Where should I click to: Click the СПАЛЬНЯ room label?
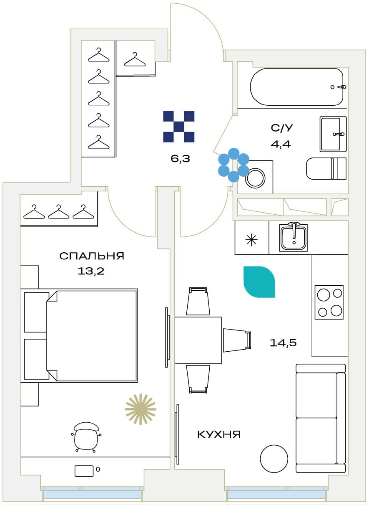[92, 256]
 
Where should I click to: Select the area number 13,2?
[91, 271]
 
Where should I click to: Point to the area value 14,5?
[283, 343]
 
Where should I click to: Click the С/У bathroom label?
[282, 128]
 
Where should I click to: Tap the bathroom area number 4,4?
[281, 144]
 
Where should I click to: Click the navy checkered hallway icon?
[179, 127]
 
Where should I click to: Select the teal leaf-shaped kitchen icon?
[259, 282]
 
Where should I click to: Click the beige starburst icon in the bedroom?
[141, 409]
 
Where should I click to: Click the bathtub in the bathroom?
[296, 87]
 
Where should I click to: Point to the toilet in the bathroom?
[326, 168]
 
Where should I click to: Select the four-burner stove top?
[329, 302]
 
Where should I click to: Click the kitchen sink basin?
[294, 238]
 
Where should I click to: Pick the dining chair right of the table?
[237, 340]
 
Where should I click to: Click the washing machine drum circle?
[255, 178]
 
